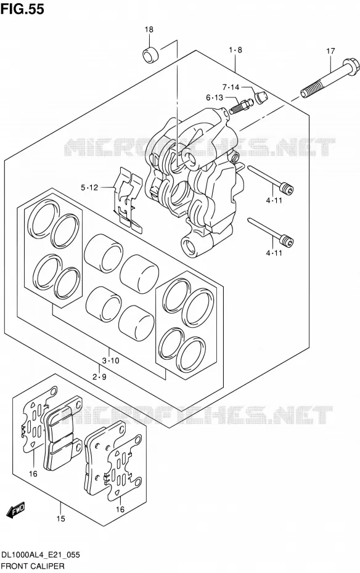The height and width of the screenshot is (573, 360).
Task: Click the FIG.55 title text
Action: (x=22, y=9)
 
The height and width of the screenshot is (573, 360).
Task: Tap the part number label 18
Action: (x=149, y=30)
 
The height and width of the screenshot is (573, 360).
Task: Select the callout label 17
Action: (x=330, y=51)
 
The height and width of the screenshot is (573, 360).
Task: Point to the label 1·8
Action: (x=235, y=50)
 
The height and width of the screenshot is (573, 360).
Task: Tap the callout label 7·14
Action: (x=231, y=87)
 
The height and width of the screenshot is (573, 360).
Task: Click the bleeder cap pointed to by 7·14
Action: (x=261, y=97)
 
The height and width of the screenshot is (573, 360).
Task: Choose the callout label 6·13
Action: (x=214, y=97)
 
